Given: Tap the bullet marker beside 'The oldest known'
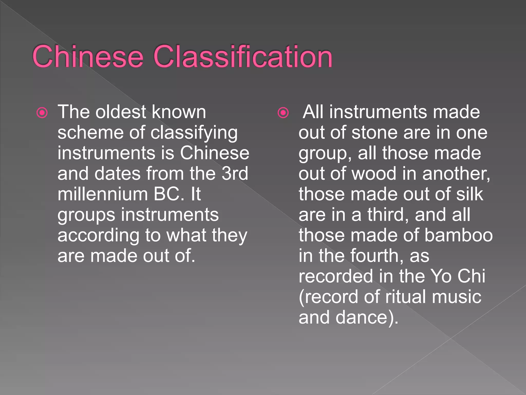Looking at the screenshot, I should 42,113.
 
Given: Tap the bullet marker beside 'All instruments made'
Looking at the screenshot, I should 283,113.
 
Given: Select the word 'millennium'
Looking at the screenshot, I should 102,194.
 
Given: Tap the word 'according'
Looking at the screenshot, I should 98,236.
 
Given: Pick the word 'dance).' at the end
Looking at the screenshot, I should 367,318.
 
